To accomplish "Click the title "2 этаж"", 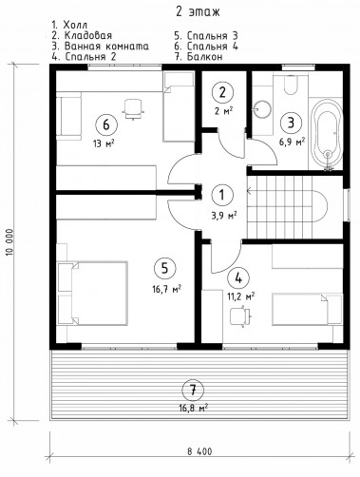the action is [x=198, y=12].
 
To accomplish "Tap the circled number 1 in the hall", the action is [x=222, y=195].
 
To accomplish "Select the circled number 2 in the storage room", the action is [x=222, y=92].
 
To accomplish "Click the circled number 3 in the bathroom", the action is [x=291, y=123].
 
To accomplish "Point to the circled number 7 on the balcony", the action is [x=193, y=391].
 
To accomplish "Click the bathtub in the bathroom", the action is [x=327, y=135].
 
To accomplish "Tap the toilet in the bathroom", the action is [x=290, y=85].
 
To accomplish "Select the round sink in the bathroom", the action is [x=263, y=109].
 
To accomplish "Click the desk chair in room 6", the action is [x=133, y=108].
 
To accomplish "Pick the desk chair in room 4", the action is [x=240, y=315].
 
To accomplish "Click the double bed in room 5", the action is [x=92, y=293].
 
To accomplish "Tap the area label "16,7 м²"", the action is [x=166, y=289].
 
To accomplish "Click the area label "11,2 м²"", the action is [x=240, y=296].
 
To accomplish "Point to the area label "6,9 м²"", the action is [x=292, y=142].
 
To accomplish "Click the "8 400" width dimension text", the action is [x=199, y=451].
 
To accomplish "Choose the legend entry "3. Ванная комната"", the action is [x=101, y=47].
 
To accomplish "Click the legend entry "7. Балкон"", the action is [x=199, y=57].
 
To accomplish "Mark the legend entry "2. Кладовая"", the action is [x=82, y=35].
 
